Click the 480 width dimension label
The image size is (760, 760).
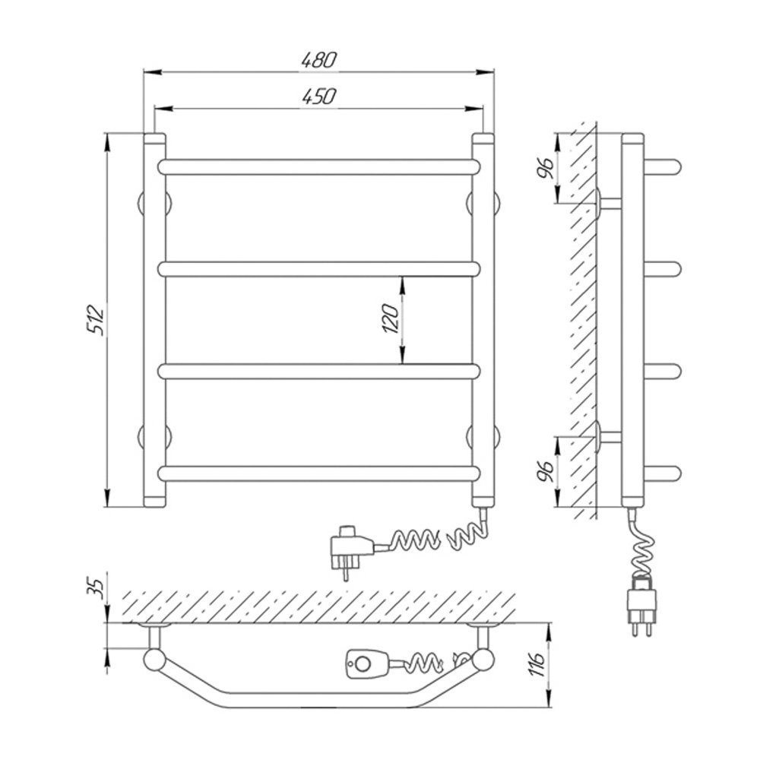pos(318,60)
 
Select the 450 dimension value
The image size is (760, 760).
pos(318,97)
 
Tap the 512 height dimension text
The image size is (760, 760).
pos(96,320)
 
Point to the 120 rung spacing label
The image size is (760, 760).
pos(391,319)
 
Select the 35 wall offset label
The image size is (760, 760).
pos(97,588)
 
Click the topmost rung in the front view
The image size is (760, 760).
pos(318,166)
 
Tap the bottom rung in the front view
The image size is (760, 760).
pos(318,473)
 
